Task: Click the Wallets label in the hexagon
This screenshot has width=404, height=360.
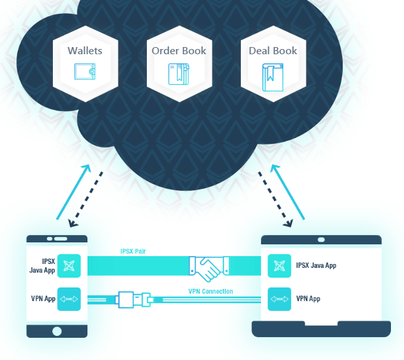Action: click(x=85, y=50)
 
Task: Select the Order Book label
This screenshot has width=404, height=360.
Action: click(x=179, y=50)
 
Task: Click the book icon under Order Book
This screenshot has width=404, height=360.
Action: click(x=179, y=73)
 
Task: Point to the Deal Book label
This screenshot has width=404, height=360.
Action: click(x=273, y=50)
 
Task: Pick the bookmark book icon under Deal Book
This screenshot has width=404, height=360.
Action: click(x=273, y=75)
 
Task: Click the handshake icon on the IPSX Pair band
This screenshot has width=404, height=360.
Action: click(x=210, y=266)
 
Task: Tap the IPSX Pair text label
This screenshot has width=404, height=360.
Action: click(x=133, y=251)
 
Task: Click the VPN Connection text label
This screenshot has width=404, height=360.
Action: click(x=211, y=291)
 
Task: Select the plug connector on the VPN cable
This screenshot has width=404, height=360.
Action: click(x=133, y=299)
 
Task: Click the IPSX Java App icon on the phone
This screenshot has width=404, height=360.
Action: click(x=69, y=266)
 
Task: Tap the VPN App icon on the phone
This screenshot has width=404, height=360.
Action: click(x=69, y=299)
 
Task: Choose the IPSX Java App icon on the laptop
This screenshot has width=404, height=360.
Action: click(x=279, y=266)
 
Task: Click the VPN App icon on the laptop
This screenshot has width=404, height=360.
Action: click(x=279, y=299)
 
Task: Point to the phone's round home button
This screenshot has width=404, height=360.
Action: click(x=57, y=331)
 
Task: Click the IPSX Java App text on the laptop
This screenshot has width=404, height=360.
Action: click(x=317, y=266)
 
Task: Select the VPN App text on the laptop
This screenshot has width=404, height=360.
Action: click(x=309, y=299)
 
